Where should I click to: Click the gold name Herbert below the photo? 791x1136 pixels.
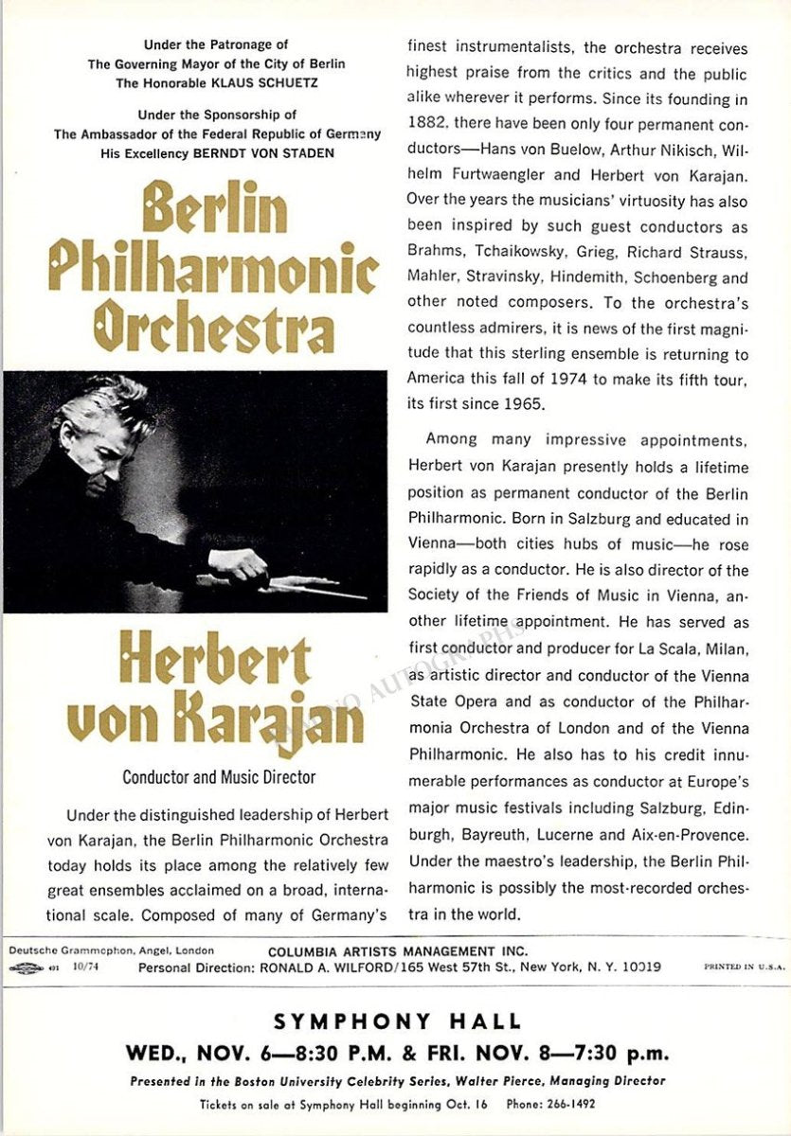[x=215, y=660]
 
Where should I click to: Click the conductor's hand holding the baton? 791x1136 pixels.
[x=240, y=564]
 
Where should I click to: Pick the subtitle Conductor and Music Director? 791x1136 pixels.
[x=219, y=778]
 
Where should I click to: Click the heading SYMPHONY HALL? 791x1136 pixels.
[x=398, y=1021]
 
